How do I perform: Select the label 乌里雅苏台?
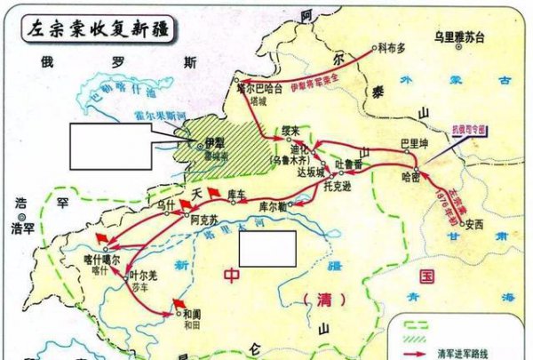pos(459,37)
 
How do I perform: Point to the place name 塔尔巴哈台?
pos(259,87)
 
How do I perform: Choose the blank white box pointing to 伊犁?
pos(107,140)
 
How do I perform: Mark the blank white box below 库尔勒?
pos(266,248)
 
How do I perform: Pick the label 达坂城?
pos(311,175)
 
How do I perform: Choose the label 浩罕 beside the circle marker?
pos(21,228)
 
